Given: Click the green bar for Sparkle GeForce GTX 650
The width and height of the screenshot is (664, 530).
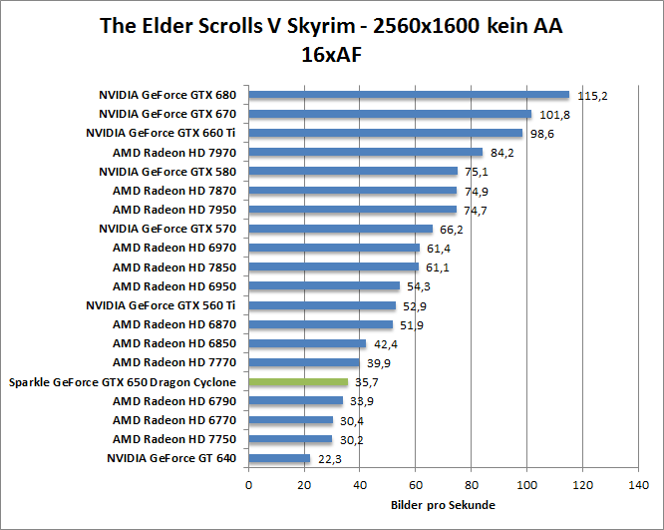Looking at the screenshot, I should (x=298, y=382).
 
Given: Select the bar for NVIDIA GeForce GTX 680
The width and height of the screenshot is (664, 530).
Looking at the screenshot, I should (x=408, y=95).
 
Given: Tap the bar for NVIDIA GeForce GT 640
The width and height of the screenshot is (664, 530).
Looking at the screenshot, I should (x=279, y=459).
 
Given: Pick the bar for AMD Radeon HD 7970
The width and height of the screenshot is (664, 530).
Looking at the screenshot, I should (x=365, y=153).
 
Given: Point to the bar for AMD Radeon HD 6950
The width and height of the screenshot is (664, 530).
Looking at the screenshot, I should (x=323, y=286).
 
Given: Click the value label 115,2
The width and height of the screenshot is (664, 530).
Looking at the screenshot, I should (x=592, y=96).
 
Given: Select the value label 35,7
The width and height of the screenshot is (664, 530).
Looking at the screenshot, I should (x=369, y=382).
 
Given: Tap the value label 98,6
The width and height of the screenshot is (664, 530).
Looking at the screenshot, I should (x=542, y=134).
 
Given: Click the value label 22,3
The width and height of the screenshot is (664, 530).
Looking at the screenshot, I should (x=329, y=459).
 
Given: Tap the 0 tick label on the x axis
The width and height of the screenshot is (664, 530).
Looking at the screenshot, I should (x=248, y=486).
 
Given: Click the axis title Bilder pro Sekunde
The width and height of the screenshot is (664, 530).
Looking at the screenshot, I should (x=442, y=505).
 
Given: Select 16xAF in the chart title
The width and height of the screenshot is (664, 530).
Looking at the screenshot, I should (x=331, y=55).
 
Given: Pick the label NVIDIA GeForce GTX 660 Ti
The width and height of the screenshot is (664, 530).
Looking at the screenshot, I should (x=161, y=133).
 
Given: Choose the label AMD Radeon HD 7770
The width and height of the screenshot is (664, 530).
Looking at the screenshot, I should (x=174, y=363).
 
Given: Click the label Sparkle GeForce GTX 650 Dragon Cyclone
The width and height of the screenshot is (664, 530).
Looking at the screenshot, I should (x=122, y=382).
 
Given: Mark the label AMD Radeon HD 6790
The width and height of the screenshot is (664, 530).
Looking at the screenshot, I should (x=174, y=401).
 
